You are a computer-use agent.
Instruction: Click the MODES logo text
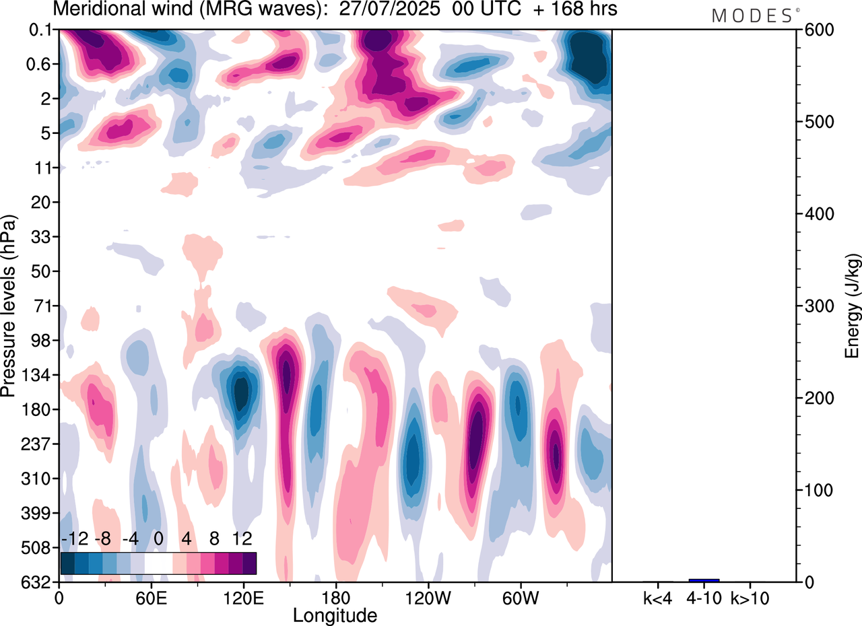coord(752,16)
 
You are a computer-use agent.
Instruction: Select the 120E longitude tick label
coord(243,597)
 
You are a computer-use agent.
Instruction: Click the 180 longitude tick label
coord(335,597)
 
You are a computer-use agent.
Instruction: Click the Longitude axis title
coord(335,615)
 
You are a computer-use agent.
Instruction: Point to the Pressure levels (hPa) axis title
coord(9,306)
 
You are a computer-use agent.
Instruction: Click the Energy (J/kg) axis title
coord(853,306)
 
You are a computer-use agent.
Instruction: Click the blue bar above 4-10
coord(704,580)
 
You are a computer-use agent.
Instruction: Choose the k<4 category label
coord(657,597)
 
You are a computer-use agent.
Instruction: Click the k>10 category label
coord(750,597)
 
